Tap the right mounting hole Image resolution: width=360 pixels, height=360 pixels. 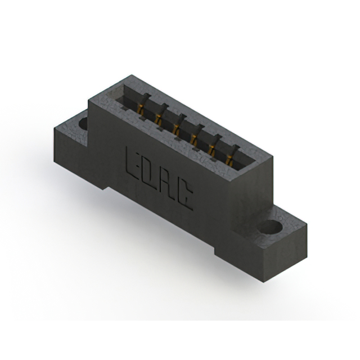coord(272,228)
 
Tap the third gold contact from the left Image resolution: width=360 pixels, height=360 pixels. coord(177,128)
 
